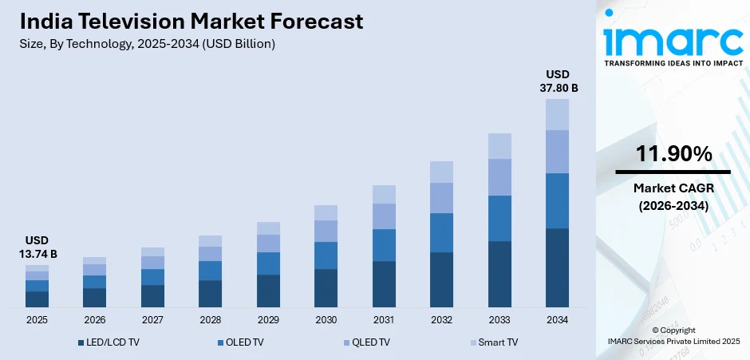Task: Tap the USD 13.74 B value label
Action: [37, 247]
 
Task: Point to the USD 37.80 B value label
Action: [558, 81]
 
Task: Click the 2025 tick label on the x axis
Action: [37, 319]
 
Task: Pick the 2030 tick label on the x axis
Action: [326, 319]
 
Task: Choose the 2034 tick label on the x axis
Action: [557, 319]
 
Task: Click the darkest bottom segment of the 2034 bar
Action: [557, 267]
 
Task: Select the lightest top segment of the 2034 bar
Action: [557, 114]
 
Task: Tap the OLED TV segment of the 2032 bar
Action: [441, 232]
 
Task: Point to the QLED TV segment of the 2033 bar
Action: [499, 177]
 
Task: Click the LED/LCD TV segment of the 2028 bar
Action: [210, 293]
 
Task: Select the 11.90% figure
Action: [673, 155]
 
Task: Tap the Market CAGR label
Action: [673, 188]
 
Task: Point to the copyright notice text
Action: [673, 335]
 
